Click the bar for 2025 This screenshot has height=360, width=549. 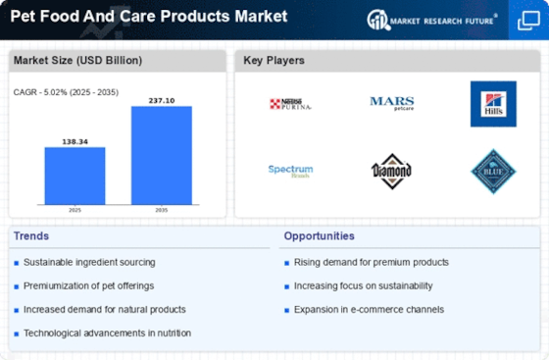pyautogui.click(x=75, y=175)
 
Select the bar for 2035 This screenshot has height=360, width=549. pyautogui.click(x=162, y=154)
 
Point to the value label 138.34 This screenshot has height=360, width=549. pyautogui.click(x=75, y=141)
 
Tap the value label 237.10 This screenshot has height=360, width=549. pyautogui.click(x=162, y=100)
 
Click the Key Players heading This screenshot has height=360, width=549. pyautogui.click(x=274, y=61)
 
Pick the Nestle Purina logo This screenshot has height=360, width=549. pyautogui.click(x=290, y=103)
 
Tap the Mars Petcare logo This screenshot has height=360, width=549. pyautogui.click(x=391, y=102)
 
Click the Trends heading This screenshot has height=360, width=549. pyautogui.click(x=32, y=235)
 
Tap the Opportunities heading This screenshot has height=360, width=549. pyautogui.click(x=320, y=235)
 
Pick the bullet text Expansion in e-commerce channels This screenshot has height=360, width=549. pyautogui.click(x=369, y=309)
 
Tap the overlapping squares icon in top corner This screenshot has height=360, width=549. pyautogui.click(x=526, y=20)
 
